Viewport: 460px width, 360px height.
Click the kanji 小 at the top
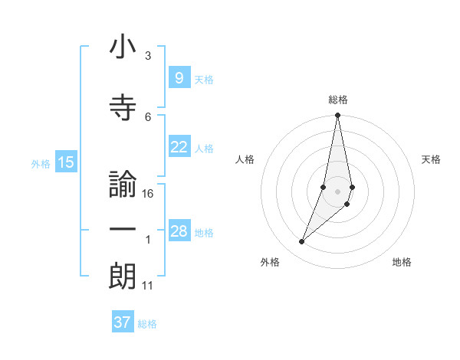pos(123,49)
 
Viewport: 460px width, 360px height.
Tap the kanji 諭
pos(123,186)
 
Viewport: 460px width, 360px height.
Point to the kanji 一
pos(123,231)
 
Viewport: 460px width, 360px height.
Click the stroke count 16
pos(148,194)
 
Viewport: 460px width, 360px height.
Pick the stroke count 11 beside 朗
pos(148,286)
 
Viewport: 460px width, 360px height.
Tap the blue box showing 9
pos(179,77)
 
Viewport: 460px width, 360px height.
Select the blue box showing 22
pos(179,147)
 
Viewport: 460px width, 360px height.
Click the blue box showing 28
pos(179,231)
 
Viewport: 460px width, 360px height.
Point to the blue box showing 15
pos(66,162)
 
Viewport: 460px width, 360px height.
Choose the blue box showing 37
pos(123,322)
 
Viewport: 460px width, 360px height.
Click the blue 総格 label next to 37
pos(147,324)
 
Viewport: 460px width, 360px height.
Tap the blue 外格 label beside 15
pos(41,163)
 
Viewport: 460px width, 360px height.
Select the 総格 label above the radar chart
pos(338,100)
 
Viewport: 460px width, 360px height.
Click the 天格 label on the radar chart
pos(432,159)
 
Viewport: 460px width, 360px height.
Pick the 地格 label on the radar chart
pos(402,262)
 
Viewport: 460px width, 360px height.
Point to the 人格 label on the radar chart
pos(245,159)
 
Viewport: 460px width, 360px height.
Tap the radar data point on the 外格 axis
pos(301,242)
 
